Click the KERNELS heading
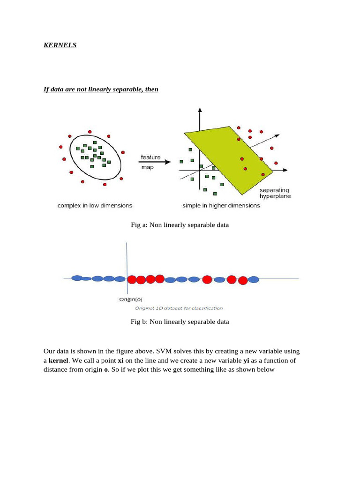coord(60,45)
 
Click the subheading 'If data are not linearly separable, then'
coord(101,89)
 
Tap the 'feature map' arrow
coord(155,162)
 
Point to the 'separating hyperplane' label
coord(275,193)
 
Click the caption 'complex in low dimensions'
coord(95,205)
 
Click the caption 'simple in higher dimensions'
coord(221,205)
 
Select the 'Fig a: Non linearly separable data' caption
coord(180,225)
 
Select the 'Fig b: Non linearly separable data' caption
coord(180,322)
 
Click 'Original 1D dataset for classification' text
coord(179,308)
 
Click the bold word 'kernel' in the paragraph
coord(59,360)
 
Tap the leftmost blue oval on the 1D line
coord(77,278)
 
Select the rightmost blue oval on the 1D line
coord(253,279)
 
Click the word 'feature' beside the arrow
coord(150,157)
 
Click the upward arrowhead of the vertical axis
coord(200,110)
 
